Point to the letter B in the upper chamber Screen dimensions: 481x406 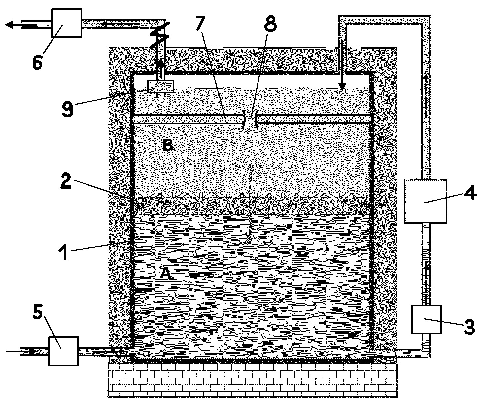[167, 145]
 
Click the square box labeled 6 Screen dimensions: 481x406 [66, 23]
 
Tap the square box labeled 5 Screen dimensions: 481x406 [64, 351]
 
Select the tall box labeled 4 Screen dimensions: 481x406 [426, 201]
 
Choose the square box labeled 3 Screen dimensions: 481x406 [427, 319]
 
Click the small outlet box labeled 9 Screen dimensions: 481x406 [160, 87]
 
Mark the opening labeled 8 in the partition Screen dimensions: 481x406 [251, 119]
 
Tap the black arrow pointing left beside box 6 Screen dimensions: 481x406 [21, 24]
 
